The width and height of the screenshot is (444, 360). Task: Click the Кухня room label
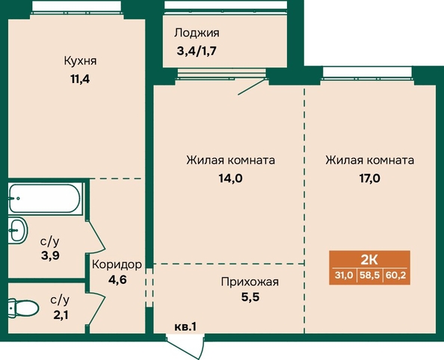[x=81, y=61]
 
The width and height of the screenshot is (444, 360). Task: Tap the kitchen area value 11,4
[x=80, y=79]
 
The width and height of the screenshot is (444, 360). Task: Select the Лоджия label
[x=197, y=33]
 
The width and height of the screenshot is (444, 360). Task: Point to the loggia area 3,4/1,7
[x=197, y=52]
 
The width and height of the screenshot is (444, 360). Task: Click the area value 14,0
[x=230, y=179]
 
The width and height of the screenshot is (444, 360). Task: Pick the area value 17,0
[x=370, y=179]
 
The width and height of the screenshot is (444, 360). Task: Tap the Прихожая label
[x=250, y=282]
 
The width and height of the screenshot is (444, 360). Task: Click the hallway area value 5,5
[x=250, y=297]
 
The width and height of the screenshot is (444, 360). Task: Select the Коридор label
[x=117, y=264]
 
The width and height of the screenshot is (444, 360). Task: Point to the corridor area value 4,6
[x=117, y=280]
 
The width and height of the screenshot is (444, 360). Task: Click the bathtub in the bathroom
[x=44, y=198]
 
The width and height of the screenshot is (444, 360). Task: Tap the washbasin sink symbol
[x=17, y=230]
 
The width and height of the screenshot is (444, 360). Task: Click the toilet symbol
[x=22, y=308]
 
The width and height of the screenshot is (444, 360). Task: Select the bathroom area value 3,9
[x=50, y=256]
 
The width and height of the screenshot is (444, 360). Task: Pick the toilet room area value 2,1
[x=61, y=315]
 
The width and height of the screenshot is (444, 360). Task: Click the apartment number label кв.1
[x=185, y=327]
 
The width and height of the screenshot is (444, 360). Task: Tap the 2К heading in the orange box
[x=369, y=259]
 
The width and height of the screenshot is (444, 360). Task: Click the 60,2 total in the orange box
[x=395, y=275]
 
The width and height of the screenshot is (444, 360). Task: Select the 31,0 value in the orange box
[x=344, y=275]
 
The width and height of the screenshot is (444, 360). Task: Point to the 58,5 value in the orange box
[x=369, y=275]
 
